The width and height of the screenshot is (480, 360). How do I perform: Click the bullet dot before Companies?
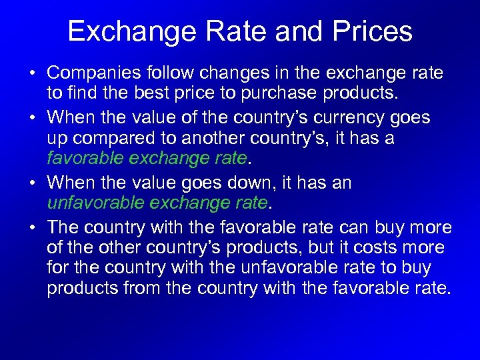tap(33, 72)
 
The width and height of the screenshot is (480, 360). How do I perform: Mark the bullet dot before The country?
tap(33, 228)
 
